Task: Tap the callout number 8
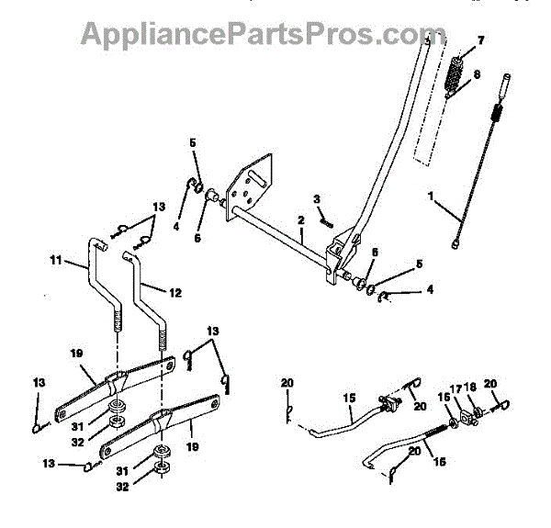point(475,76)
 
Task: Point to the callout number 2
point(299,221)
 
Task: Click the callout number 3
point(317,198)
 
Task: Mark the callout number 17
point(455,389)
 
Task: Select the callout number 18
point(472,389)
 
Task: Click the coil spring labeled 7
point(455,74)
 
